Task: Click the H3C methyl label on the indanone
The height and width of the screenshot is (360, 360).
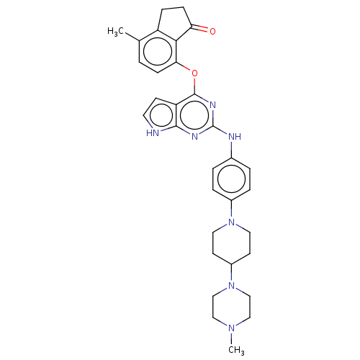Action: tap(115, 32)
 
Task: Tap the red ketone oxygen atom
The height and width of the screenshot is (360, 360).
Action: tap(212, 31)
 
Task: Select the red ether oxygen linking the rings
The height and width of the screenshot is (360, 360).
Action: tap(194, 73)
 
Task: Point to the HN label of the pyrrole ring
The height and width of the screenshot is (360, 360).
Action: tap(153, 133)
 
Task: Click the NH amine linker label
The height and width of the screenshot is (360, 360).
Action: tap(235, 137)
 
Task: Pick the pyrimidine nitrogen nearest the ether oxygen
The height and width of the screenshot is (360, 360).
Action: tap(212, 105)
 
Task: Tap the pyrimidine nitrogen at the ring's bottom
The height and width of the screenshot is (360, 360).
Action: tap(194, 137)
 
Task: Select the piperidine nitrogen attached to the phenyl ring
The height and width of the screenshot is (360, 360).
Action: tap(231, 222)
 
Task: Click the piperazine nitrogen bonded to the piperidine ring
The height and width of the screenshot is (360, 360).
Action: tap(231, 286)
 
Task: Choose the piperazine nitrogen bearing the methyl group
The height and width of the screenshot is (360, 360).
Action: tap(231, 328)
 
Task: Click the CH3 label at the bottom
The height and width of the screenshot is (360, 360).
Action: tap(236, 350)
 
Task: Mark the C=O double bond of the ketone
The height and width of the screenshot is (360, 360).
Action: tap(199, 28)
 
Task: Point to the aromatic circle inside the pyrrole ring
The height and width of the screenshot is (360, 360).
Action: tap(161, 116)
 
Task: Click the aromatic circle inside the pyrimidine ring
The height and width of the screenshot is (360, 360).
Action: tap(194, 116)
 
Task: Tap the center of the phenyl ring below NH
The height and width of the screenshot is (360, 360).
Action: tap(231, 179)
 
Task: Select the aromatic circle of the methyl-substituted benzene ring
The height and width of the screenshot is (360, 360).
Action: tap(158, 51)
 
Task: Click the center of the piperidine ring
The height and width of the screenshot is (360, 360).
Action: tap(231, 243)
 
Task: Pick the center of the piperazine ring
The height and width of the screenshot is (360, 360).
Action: tap(231, 307)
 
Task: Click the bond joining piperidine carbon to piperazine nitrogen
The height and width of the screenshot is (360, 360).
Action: tap(231, 273)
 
